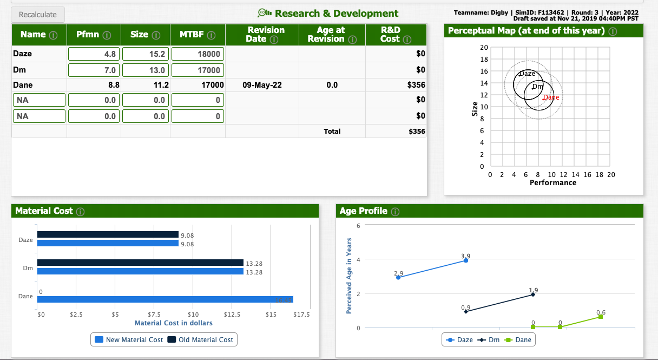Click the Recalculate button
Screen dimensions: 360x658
[x=37, y=15]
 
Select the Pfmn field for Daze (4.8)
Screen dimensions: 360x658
[x=94, y=54]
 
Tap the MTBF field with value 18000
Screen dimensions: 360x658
[x=197, y=54]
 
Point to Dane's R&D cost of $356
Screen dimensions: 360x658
[x=416, y=85]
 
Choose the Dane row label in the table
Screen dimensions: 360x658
[x=23, y=85]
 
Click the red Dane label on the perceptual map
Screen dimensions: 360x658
[x=551, y=97]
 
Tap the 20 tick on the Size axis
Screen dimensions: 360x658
[x=484, y=48]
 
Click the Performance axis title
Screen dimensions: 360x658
[x=553, y=183]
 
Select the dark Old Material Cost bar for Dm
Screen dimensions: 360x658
[x=140, y=263]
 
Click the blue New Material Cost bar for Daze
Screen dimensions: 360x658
[x=108, y=244]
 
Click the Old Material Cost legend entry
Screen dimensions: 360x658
[x=201, y=339]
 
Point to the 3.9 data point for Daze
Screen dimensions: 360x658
[x=465, y=261]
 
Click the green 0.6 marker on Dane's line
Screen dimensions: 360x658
[x=600, y=317]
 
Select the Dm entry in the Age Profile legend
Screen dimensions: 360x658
[x=490, y=339]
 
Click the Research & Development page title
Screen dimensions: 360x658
[x=336, y=14]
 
